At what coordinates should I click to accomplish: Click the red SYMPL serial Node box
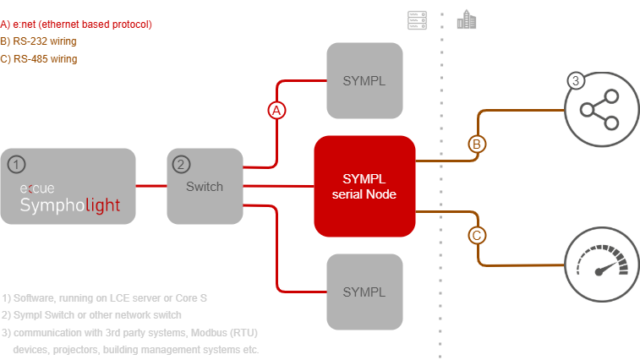[364, 185]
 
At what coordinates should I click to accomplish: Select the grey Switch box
[204, 186]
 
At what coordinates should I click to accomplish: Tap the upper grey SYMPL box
[364, 79]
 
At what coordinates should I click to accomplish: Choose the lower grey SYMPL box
[364, 292]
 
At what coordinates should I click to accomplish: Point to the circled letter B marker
[477, 145]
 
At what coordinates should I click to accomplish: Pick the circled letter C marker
[477, 235]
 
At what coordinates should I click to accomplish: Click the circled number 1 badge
[16, 162]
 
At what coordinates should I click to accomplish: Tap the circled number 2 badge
[181, 163]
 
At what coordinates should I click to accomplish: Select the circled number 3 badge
[576, 82]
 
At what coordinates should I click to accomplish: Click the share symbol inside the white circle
[599, 110]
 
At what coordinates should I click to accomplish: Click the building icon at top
[466, 19]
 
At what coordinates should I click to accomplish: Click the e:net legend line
[76, 24]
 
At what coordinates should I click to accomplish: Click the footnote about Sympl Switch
[92, 314]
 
